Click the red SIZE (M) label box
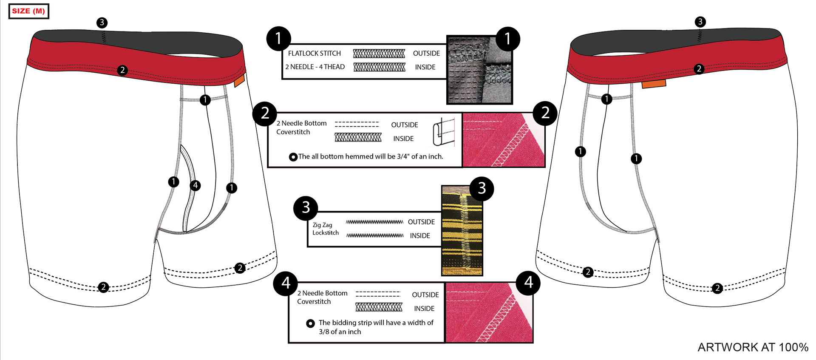(x=28, y=11)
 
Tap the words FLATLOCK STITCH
(x=314, y=53)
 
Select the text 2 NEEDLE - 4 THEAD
(x=314, y=67)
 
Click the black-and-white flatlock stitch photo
(x=479, y=70)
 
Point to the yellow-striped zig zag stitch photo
(x=462, y=232)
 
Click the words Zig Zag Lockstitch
(x=325, y=229)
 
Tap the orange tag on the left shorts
(x=239, y=81)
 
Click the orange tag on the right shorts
(x=654, y=84)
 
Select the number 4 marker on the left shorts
(x=195, y=185)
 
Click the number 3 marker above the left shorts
(x=102, y=23)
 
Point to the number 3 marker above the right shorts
(x=700, y=22)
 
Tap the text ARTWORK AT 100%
(x=753, y=347)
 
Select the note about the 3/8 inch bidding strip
(x=376, y=327)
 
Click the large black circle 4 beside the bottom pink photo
(x=528, y=283)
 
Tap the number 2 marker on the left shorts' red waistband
(x=122, y=70)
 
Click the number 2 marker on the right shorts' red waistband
(x=699, y=69)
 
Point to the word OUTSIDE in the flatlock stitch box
(x=426, y=53)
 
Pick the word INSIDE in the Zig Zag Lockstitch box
(x=419, y=235)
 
